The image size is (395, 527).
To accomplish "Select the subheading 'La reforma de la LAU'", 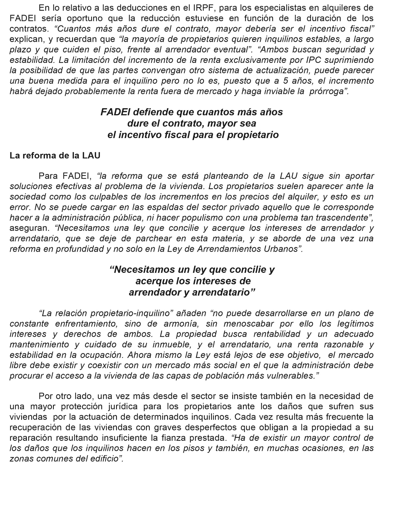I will (55, 155).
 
